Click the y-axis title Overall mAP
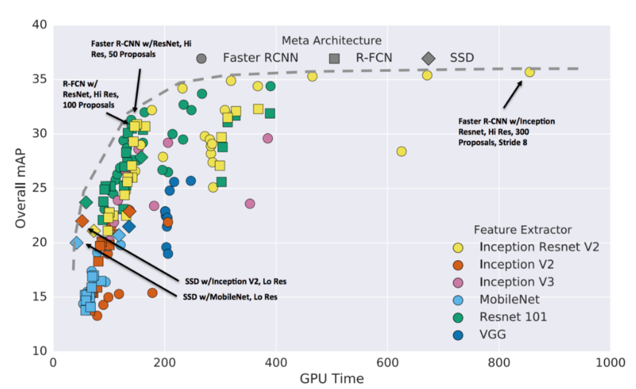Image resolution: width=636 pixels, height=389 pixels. tap(16, 188)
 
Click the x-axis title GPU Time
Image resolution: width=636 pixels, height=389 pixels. tap(331, 379)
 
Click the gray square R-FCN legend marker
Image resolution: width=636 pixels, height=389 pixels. tap(334, 58)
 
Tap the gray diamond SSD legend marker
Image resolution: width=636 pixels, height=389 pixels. tap(428, 58)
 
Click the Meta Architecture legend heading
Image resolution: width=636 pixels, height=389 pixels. tap(331, 40)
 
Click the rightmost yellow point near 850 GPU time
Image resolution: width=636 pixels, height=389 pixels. tap(529, 72)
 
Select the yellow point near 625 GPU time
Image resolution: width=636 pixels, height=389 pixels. tap(401, 151)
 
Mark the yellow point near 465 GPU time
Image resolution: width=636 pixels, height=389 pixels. tap(312, 76)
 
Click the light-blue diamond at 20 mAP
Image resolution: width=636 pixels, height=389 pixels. tap(76, 242)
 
